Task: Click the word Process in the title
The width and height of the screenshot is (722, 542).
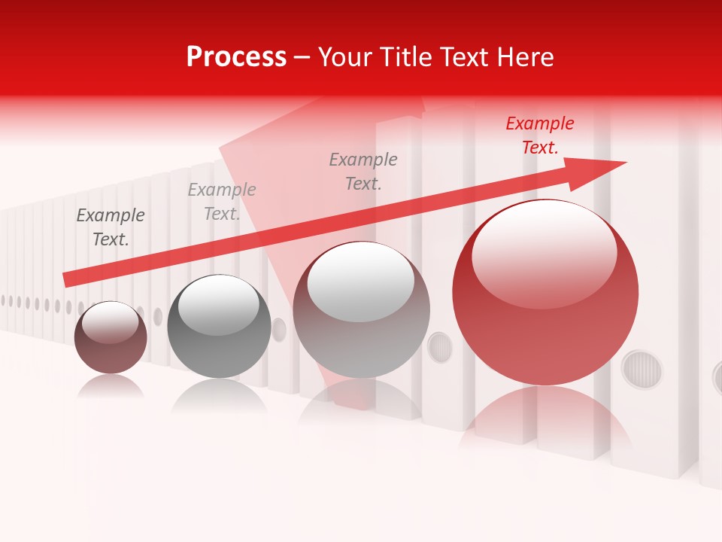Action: [236, 57]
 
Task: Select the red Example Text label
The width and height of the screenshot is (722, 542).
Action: [539, 135]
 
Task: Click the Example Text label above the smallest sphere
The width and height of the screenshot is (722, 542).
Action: [111, 227]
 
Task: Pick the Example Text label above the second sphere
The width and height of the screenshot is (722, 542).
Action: [222, 202]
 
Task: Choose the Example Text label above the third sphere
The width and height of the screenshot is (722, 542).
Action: [363, 171]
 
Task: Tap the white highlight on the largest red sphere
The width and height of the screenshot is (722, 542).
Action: [544, 254]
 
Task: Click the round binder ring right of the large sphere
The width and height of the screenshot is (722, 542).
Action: [642, 369]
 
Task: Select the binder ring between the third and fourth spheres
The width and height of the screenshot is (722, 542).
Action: [440, 347]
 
